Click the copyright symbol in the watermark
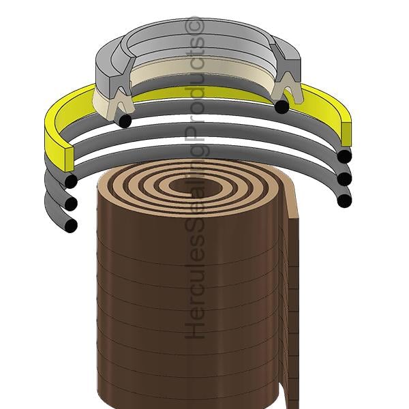(x=194, y=27)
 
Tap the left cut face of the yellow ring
(x=69, y=160)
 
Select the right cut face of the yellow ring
(x=346, y=134)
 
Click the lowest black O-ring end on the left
(x=71, y=225)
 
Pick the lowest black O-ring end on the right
(x=344, y=200)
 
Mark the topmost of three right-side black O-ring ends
(x=344, y=156)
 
